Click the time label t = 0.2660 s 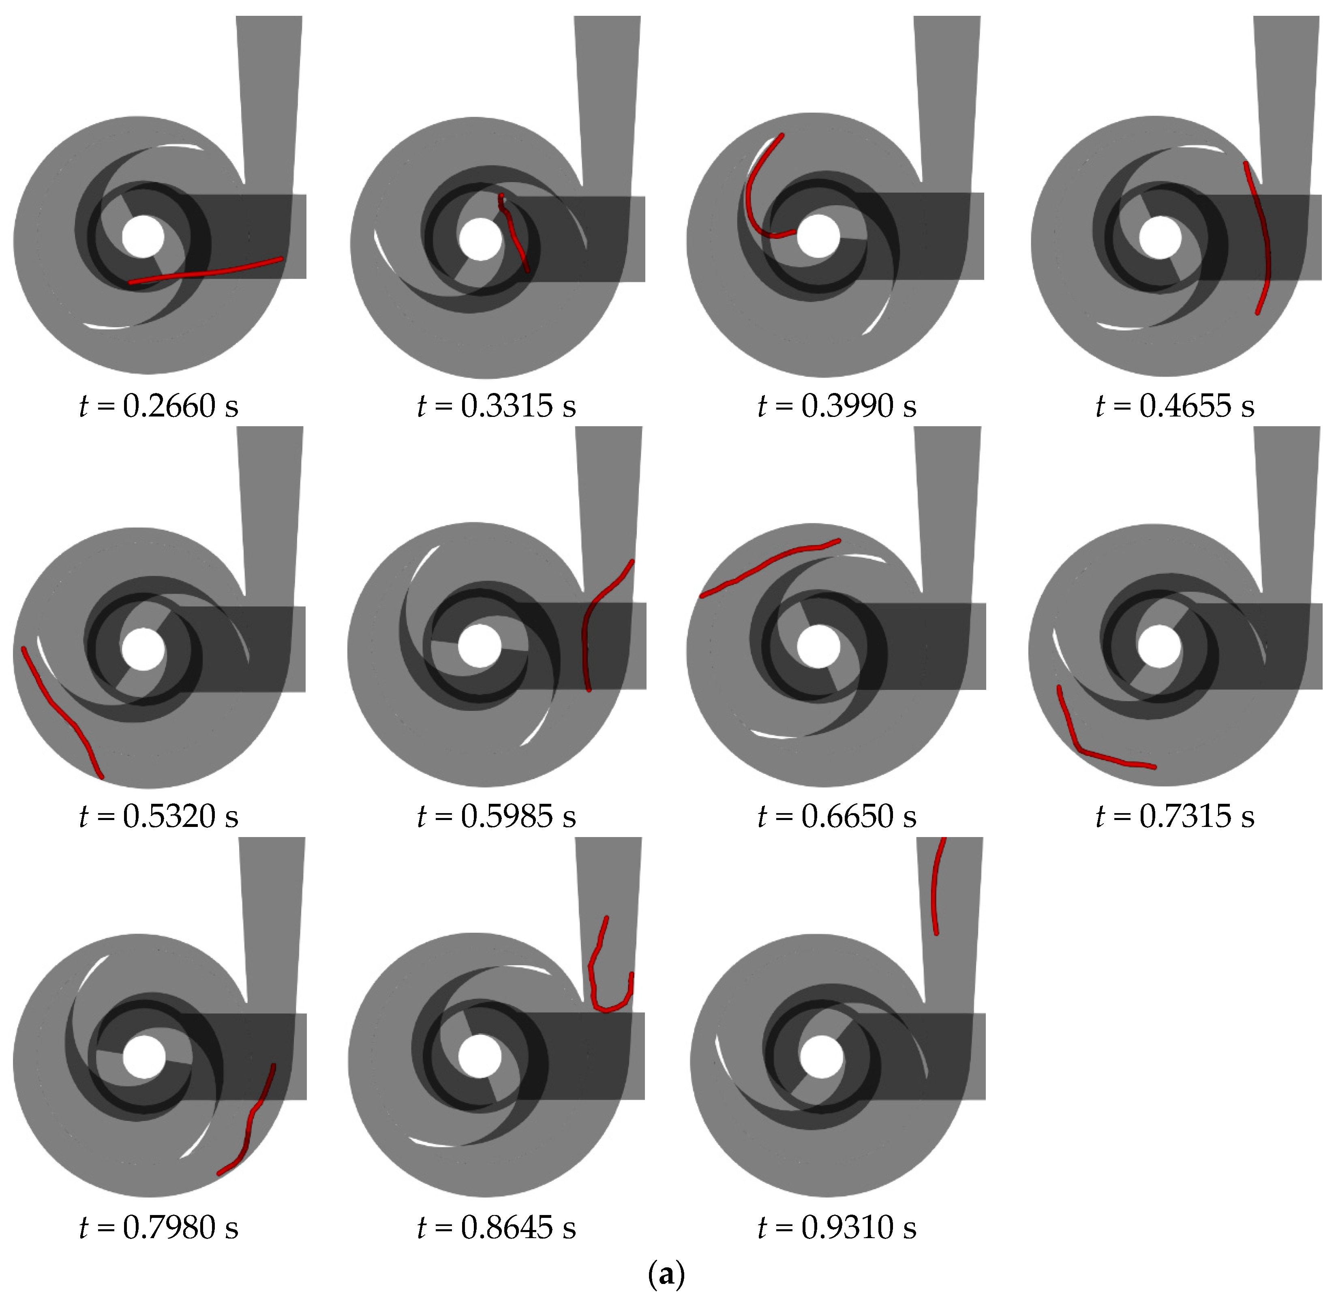[158, 406]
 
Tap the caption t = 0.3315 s [497, 406]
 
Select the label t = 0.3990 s [837, 406]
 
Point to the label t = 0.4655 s [1175, 406]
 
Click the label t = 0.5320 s [158, 816]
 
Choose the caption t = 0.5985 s [497, 816]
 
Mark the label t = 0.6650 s [837, 816]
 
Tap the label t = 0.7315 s [1175, 816]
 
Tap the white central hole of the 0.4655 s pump [1160, 238]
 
